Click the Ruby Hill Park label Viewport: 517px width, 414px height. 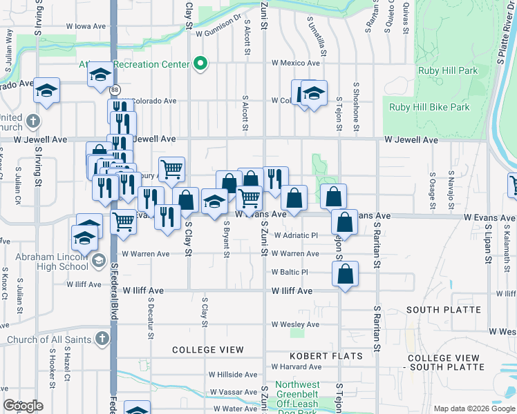(x=447, y=70)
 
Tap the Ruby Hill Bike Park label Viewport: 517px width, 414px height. (x=429, y=107)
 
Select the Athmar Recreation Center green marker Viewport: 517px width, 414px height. (x=200, y=63)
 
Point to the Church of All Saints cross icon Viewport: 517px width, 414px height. (x=102, y=339)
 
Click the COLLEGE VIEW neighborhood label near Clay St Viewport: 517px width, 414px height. (x=208, y=350)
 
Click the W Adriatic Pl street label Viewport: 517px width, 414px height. (x=294, y=235)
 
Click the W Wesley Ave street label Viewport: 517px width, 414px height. (x=295, y=324)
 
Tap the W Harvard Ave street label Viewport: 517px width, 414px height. (x=294, y=366)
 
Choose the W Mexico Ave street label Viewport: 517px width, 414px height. (x=296, y=63)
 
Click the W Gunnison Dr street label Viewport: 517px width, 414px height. (x=218, y=32)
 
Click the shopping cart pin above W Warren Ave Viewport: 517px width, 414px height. (x=123, y=222)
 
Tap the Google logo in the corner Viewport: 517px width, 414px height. (x=22, y=406)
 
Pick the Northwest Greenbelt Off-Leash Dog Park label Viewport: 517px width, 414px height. (x=298, y=397)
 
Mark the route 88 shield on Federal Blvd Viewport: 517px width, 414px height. (x=115, y=89)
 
